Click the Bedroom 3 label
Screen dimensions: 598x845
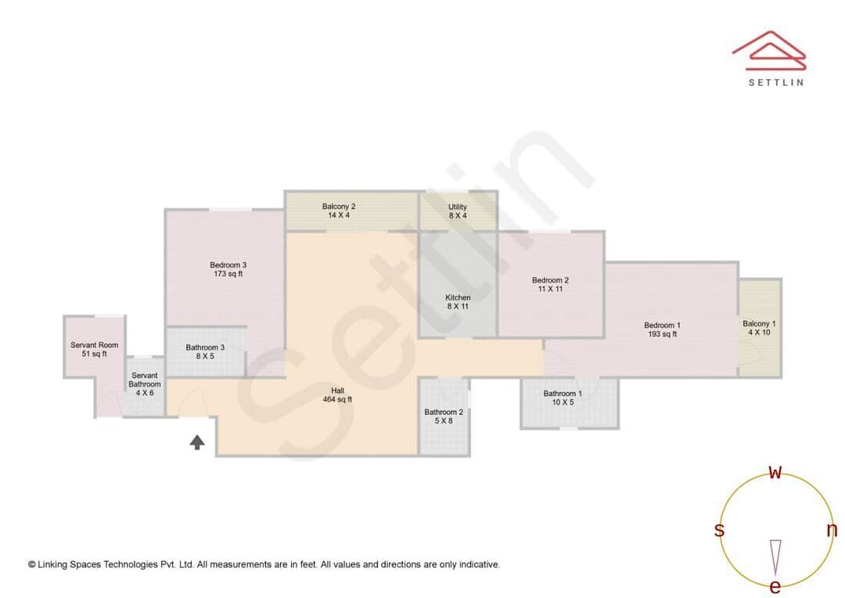point(228,269)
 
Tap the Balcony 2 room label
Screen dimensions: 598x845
point(339,211)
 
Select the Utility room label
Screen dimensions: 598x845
point(458,211)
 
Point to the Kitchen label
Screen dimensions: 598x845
point(458,301)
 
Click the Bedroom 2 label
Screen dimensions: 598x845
point(550,284)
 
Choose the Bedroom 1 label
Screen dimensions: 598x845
point(662,330)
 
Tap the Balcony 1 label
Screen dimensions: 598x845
point(759,327)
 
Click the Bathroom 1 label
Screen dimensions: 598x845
point(563,398)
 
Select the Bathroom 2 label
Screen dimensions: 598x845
point(444,416)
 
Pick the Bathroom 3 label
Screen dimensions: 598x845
point(205,351)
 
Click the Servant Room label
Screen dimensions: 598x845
point(94,349)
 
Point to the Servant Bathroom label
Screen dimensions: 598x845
point(145,384)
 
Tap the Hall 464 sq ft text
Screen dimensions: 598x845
point(337,394)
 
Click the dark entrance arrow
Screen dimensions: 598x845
point(197,442)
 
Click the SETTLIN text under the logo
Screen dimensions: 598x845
point(775,82)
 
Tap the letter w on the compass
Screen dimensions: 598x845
point(775,472)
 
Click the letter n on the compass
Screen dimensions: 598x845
point(832,530)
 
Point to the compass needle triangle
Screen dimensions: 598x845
point(775,557)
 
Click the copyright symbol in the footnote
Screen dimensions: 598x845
point(31,564)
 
